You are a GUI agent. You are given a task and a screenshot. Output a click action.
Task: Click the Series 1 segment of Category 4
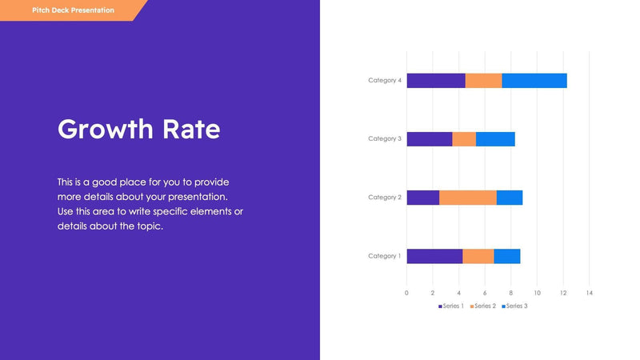(x=436, y=80)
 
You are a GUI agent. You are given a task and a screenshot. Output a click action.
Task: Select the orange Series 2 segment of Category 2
(x=468, y=198)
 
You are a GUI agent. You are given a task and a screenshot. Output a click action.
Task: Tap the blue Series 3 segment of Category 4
(x=534, y=80)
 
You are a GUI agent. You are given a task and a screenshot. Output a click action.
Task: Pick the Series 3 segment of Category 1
(x=507, y=256)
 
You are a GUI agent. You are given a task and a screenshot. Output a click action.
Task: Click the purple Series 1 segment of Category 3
(x=430, y=139)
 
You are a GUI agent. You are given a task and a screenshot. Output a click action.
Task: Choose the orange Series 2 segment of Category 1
(x=478, y=256)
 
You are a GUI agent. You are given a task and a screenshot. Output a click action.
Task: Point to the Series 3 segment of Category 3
(x=495, y=139)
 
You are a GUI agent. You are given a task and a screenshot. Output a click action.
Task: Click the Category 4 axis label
(x=385, y=80)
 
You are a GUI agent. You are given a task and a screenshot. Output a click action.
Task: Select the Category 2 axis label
(x=385, y=198)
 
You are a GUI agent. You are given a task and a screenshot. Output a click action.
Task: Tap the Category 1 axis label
(x=385, y=256)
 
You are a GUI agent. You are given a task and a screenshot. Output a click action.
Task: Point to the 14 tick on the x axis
(x=590, y=293)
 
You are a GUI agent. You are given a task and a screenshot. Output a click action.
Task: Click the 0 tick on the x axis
(x=406, y=293)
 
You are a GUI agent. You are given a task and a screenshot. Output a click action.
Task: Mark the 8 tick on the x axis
(x=511, y=293)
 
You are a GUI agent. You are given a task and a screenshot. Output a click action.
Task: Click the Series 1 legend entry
(x=452, y=306)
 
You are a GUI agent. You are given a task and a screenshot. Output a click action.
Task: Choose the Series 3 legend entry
(x=515, y=306)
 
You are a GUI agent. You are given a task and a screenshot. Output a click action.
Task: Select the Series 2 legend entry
(x=484, y=306)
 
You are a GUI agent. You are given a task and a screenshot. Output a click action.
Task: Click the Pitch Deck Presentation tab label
(x=73, y=10)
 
